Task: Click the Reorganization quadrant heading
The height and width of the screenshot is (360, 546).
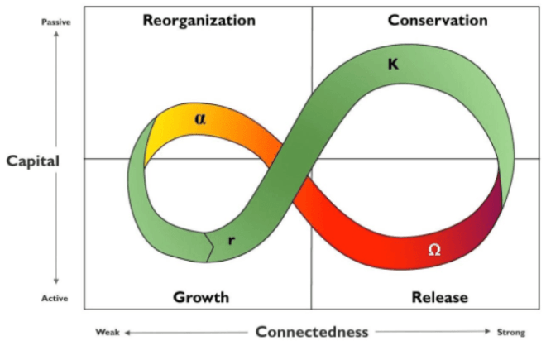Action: (199, 21)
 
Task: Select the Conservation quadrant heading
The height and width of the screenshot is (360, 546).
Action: (438, 21)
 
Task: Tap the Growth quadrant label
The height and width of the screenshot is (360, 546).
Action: (200, 297)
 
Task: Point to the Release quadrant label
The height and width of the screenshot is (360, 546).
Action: (439, 297)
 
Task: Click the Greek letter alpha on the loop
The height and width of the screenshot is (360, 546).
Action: (200, 118)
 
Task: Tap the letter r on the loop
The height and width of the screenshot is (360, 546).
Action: (232, 241)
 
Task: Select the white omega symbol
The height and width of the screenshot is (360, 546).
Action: (434, 248)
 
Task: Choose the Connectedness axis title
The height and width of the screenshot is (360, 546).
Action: (311, 332)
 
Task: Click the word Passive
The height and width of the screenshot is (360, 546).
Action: (55, 22)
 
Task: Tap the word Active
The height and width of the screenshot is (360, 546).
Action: (55, 298)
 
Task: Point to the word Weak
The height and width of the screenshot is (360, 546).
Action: (108, 333)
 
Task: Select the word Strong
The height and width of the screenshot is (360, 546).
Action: (510, 333)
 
